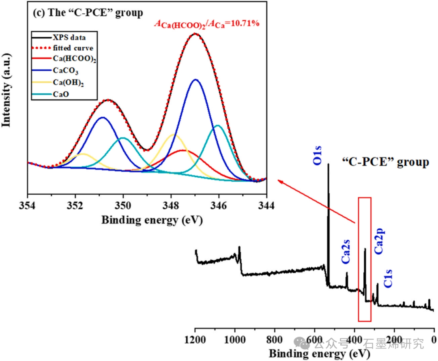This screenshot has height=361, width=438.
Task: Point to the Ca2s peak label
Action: click(346, 252)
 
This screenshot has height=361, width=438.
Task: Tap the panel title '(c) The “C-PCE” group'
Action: click(88, 13)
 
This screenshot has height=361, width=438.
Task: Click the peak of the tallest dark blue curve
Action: click(196, 80)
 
